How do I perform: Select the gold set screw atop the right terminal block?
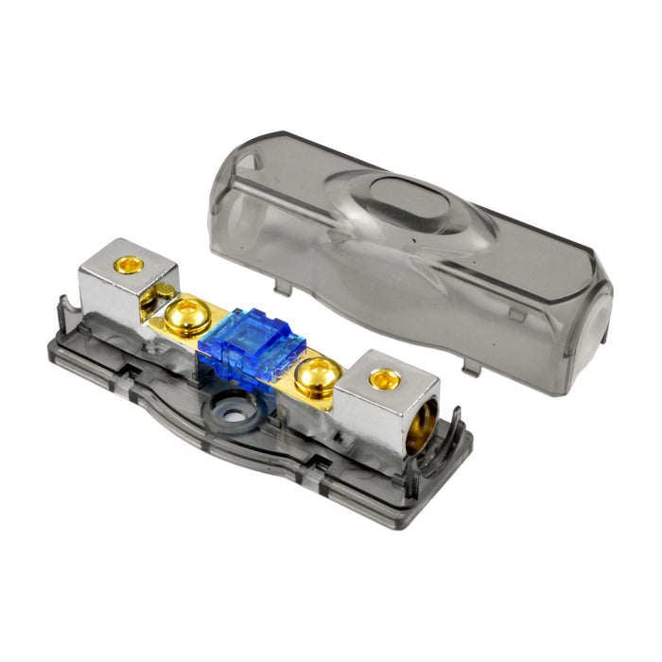(383, 379)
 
